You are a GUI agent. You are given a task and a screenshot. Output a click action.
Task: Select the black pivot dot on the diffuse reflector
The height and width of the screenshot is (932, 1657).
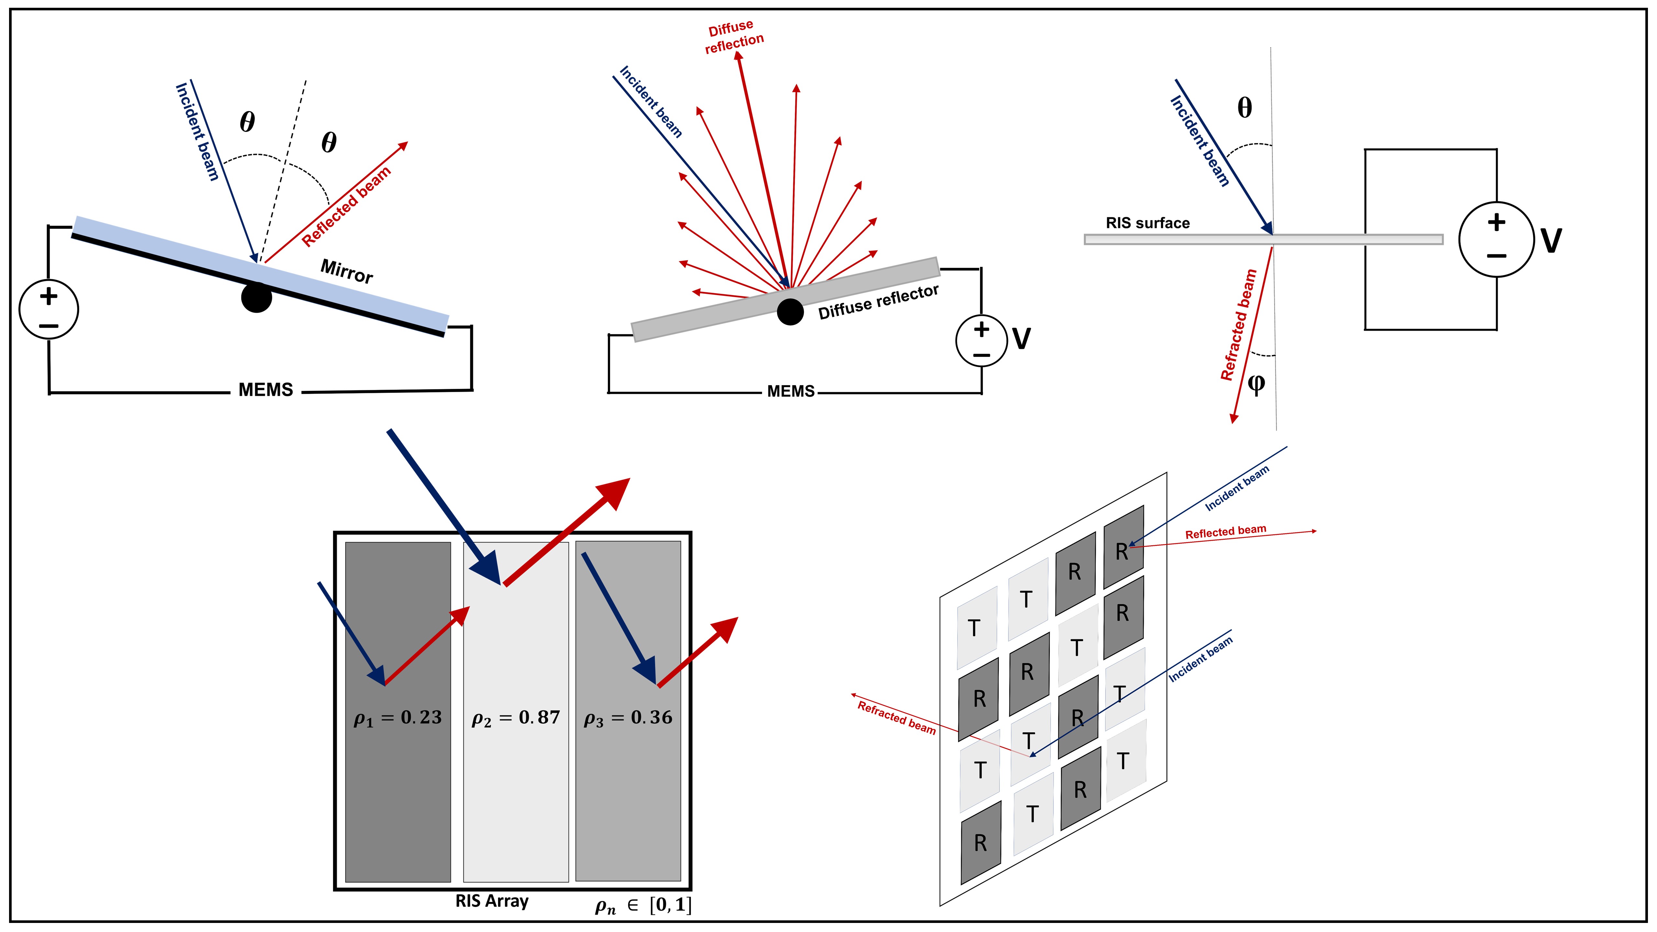click(790, 312)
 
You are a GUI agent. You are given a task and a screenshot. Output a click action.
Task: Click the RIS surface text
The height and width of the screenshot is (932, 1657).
click(1148, 223)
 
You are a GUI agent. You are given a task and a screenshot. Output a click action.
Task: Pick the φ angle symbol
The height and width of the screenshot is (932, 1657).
click(1256, 384)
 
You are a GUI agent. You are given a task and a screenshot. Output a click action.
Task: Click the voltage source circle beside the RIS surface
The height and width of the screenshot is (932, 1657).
click(1496, 239)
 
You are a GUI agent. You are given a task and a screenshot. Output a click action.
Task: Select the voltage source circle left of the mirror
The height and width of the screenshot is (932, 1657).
click(49, 309)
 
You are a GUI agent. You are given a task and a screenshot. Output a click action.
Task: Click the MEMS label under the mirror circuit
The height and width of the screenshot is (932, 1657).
click(266, 390)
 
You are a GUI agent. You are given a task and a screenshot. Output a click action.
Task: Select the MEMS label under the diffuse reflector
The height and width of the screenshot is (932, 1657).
click(791, 391)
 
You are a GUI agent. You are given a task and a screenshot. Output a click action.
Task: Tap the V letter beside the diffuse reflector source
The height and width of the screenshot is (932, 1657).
click(1021, 339)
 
